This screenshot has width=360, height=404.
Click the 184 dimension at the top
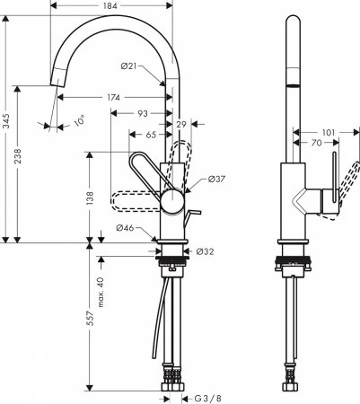(x=110, y=5)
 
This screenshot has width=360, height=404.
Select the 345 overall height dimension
(x=6, y=121)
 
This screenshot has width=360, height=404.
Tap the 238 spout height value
(x=18, y=156)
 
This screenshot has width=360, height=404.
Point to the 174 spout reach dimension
(x=114, y=97)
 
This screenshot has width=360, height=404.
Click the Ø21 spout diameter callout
(x=128, y=66)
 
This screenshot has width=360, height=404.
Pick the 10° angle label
(x=79, y=121)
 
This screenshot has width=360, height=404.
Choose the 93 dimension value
(x=143, y=113)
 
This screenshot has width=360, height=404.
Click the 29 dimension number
(x=181, y=124)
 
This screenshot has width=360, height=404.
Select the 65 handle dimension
(x=151, y=135)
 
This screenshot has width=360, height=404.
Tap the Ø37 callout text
(x=216, y=179)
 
